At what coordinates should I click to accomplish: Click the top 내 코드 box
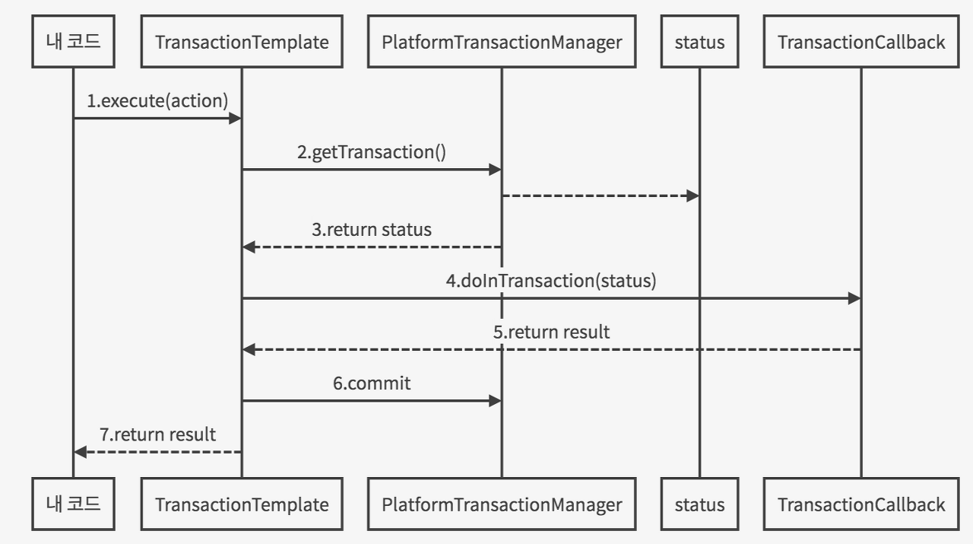pos(74,43)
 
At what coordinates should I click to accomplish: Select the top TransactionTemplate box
pos(242,43)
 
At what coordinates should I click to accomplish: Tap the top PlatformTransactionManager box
pos(502,43)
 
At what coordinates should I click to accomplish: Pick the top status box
pos(699,43)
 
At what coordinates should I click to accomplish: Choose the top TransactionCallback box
pos(861,43)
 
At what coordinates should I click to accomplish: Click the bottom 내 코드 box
pos(74,504)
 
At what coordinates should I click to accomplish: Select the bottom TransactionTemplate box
pos(242,504)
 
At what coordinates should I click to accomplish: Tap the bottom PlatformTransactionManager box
pos(502,504)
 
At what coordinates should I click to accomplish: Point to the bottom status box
pos(699,504)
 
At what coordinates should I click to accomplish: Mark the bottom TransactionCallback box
pos(861,504)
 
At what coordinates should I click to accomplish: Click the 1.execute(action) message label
pos(157,100)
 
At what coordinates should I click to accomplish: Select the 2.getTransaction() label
pos(371,151)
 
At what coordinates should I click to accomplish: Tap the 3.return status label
pos(371,229)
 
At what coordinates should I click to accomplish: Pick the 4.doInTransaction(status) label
pos(551,280)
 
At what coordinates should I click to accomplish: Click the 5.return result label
pos(551,332)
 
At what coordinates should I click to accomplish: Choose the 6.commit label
pos(371,383)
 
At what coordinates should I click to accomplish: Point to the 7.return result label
pos(157,434)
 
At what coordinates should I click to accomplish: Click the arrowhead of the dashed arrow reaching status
pos(693,196)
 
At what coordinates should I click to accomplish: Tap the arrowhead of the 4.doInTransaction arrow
pos(854,299)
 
